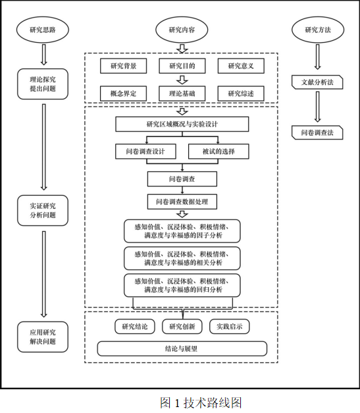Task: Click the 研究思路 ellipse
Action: click(x=43, y=30)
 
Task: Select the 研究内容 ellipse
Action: click(x=182, y=30)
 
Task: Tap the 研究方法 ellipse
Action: click(x=318, y=30)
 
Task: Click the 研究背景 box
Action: click(x=124, y=66)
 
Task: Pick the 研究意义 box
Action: click(x=241, y=66)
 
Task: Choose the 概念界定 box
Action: click(x=124, y=94)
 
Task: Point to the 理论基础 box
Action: click(x=182, y=94)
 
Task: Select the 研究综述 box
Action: click(x=241, y=94)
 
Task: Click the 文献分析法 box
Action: click(x=317, y=82)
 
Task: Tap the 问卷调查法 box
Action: click(x=317, y=132)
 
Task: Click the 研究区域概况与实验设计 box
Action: click(x=182, y=124)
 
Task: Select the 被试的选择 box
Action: click(x=219, y=151)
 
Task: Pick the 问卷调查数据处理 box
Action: click(x=182, y=202)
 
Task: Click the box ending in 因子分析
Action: click(x=182, y=231)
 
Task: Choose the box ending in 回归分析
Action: click(x=182, y=285)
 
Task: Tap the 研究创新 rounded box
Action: click(x=182, y=327)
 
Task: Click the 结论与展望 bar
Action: click(x=182, y=348)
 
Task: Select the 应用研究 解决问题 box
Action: click(x=43, y=337)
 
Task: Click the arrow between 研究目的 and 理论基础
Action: click(x=182, y=80)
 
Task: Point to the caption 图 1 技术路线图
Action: click(x=201, y=402)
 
